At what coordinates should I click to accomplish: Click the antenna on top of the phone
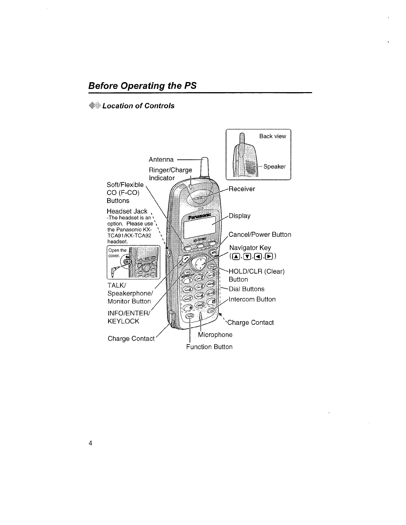pos(205,169)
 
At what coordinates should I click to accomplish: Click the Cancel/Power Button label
pos(260,235)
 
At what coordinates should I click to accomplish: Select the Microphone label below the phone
pos(215,335)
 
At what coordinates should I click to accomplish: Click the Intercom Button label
pos(252,299)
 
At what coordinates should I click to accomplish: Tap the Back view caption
pos(272,136)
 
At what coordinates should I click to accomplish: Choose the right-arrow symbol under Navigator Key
pos(270,257)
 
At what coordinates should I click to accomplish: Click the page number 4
pos(90,443)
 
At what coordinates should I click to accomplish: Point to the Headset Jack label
pos(127,211)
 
